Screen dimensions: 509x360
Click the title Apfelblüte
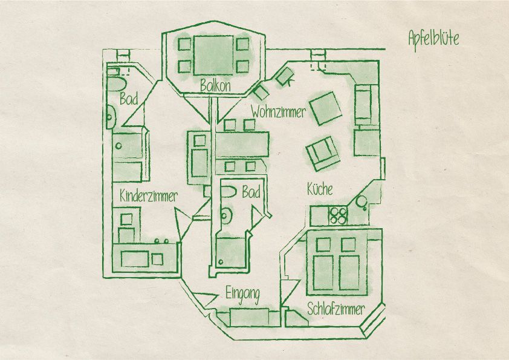[433, 39]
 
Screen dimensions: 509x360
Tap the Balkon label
[215, 86]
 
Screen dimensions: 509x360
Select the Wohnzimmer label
[278, 113]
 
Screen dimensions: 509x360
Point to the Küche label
[320, 189]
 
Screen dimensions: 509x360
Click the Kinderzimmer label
[149, 196]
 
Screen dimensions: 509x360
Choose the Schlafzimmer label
[336, 309]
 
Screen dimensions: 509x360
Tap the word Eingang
[242, 295]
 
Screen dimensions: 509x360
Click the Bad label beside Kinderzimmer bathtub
[129, 99]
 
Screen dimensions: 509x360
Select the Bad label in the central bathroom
[251, 192]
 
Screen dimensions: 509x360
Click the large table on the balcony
[213, 55]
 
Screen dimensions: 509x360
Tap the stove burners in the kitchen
[338, 216]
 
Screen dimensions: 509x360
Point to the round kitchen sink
[361, 201]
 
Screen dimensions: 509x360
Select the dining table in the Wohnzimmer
[242, 144]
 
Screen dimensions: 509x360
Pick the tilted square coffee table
[326, 108]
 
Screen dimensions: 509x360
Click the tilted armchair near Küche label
[323, 153]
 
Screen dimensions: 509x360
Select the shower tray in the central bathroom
[231, 253]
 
